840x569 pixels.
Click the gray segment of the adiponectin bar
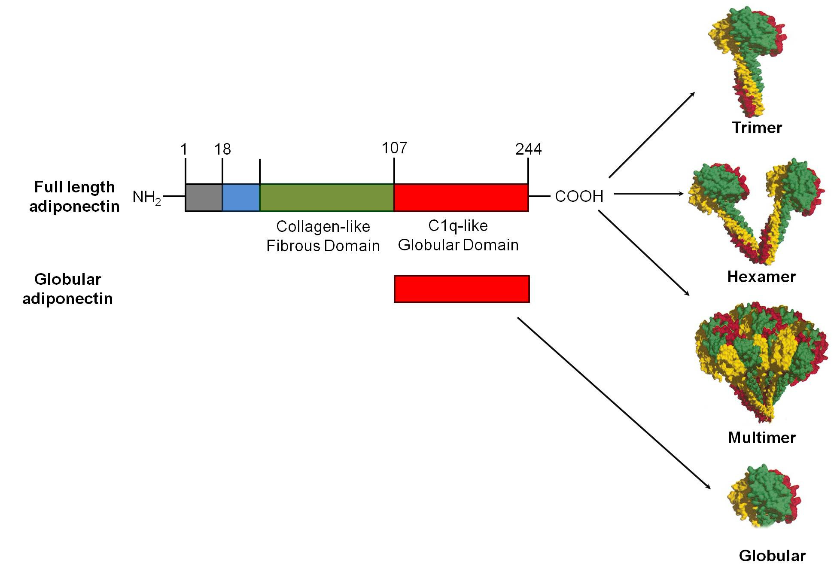click(204, 198)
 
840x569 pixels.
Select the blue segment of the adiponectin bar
click(241, 198)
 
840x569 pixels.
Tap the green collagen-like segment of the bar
click(327, 198)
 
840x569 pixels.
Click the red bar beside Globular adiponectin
click(462, 289)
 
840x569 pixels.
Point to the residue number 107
click(394, 148)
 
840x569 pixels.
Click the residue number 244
click(528, 149)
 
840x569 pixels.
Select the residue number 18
click(222, 149)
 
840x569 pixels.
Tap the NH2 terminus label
click(146, 198)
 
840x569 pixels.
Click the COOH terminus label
click(579, 196)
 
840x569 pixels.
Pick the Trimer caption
click(757, 128)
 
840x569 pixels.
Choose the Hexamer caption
click(761, 277)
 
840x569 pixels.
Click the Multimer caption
click(762, 438)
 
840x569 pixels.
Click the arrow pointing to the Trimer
click(651, 135)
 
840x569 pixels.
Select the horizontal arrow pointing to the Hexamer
click(648, 194)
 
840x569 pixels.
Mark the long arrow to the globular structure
click(614, 403)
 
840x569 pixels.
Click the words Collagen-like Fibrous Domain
click(323, 236)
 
